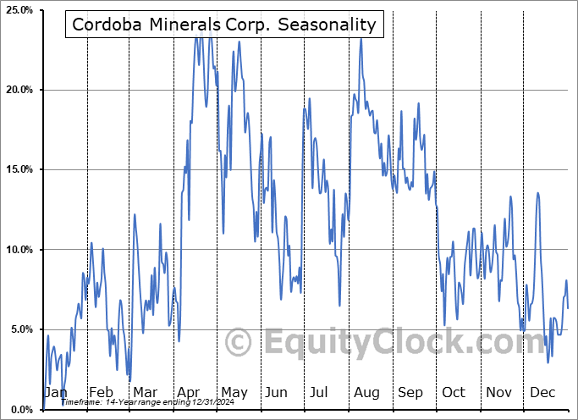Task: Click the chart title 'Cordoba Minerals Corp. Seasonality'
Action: pyautogui.click(x=223, y=25)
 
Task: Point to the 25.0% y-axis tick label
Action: pyautogui.click(x=19, y=10)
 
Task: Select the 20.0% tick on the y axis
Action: pyautogui.click(x=19, y=90)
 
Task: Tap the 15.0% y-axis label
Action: pyautogui.click(x=19, y=169)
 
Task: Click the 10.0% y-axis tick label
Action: pyautogui.click(x=19, y=250)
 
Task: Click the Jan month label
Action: pyautogui.click(x=56, y=393)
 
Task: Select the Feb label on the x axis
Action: pyautogui.click(x=101, y=393)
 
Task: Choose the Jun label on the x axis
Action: pyautogui.click(x=276, y=393)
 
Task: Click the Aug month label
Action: pyautogui.click(x=366, y=393)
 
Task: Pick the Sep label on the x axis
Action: pyautogui.click(x=410, y=393)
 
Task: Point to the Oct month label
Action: pyautogui.click(x=454, y=393)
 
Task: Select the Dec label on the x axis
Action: pyautogui.click(x=542, y=393)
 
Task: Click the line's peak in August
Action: pyautogui.click(x=361, y=38)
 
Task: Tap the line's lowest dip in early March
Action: pyautogui.click(x=129, y=380)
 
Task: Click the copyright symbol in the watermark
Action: pyautogui.click(x=239, y=343)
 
